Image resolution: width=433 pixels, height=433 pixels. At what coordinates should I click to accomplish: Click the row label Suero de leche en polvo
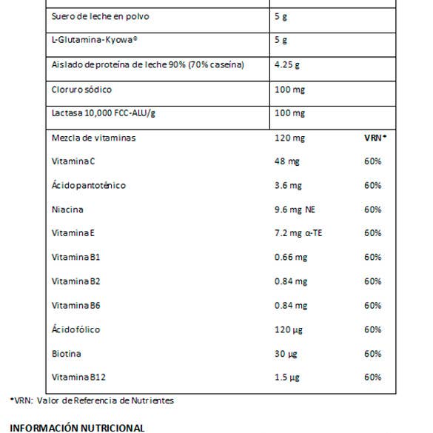coord(100,17)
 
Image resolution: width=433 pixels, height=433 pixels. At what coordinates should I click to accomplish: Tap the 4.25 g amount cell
coord(286,66)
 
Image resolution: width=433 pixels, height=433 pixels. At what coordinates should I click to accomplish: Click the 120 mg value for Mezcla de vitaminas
coord(289,138)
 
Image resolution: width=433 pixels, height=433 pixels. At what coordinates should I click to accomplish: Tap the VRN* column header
coord(375,138)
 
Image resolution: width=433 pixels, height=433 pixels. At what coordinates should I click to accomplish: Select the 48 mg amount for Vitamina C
coord(286,161)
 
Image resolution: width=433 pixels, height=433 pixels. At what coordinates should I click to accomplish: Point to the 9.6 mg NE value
coord(294,209)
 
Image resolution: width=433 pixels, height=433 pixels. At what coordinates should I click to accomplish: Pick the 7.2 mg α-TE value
coord(298,233)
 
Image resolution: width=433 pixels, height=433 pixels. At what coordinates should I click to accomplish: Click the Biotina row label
coord(66,354)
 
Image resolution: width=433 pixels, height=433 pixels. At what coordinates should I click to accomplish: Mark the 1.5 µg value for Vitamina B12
coord(286,377)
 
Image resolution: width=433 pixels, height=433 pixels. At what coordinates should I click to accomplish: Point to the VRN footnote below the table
coord(93,400)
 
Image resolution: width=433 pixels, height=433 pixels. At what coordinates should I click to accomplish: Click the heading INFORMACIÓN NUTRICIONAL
coord(78,427)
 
